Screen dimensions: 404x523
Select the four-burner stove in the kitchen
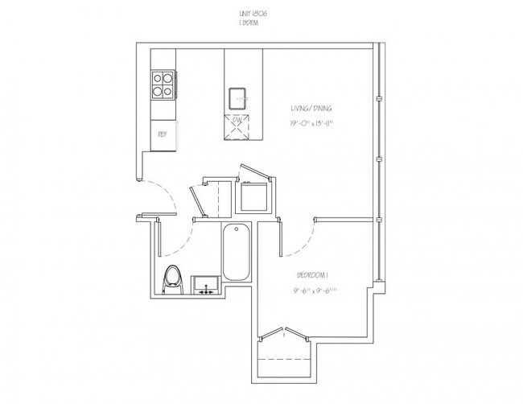click(x=162, y=85)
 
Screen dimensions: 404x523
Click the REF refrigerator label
click(x=162, y=134)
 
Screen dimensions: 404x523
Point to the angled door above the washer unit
click(x=256, y=172)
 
